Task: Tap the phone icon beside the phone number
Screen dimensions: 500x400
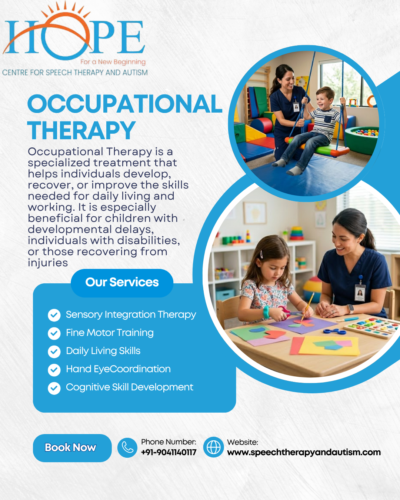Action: coord(127,447)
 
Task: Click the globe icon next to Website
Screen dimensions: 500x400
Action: coord(213,447)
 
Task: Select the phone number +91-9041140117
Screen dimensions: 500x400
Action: coord(169,452)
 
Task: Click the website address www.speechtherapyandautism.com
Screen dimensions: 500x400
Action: coord(304,452)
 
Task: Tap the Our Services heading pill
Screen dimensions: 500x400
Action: coord(122,283)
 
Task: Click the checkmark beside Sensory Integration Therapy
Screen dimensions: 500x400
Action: coord(54,315)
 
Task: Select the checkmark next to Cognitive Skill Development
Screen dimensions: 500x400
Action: coord(54,388)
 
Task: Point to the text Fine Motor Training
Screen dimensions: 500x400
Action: coord(110,333)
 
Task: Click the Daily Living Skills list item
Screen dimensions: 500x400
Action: coord(103,351)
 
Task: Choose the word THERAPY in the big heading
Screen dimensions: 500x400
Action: coord(81,130)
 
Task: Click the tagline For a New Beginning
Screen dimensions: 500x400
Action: coord(113,62)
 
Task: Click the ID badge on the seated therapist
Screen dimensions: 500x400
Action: coord(360,293)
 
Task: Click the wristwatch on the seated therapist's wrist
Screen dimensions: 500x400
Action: coord(350,309)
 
